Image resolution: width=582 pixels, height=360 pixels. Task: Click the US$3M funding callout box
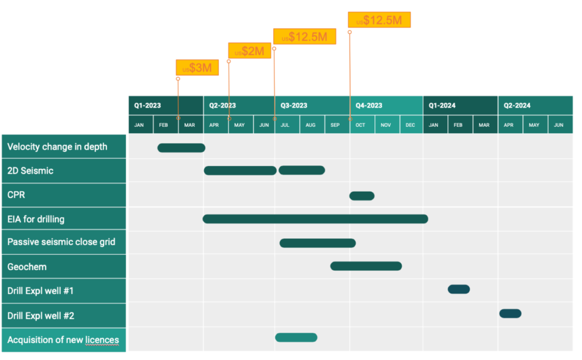pos(197,68)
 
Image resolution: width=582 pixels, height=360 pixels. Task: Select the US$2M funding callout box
pos(250,51)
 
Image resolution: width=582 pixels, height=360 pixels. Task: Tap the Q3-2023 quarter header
pos(312,106)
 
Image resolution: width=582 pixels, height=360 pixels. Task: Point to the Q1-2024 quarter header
pos(460,106)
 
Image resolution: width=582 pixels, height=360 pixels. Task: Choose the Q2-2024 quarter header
pos(535,106)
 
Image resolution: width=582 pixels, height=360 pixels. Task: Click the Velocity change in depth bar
pos(181,148)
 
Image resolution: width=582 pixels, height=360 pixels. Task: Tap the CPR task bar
pos(362,196)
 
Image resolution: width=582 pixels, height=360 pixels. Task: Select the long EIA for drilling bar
pos(315,219)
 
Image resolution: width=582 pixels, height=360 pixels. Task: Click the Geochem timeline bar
pos(366,266)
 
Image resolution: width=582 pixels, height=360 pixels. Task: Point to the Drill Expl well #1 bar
pos(459,289)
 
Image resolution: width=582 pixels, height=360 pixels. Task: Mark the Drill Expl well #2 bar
pos(510,313)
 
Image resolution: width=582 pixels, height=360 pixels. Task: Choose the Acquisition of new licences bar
pos(296,337)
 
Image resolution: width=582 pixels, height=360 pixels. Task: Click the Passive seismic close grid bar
pos(318,243)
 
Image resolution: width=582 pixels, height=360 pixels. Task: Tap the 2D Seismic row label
pos(31,171)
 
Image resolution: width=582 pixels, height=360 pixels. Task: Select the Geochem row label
pos(27,267)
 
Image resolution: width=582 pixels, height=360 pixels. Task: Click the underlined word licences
pos(102,340)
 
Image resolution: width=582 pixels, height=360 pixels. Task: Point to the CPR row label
pos(16,195)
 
